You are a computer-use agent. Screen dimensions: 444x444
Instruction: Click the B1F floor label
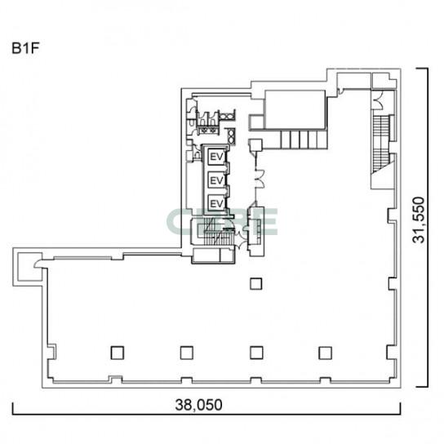click(x=25, y=48)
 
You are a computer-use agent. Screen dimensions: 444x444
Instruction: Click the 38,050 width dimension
click(x=198, y=405)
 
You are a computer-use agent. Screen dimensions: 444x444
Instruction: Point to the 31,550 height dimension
click(x=419, y=220)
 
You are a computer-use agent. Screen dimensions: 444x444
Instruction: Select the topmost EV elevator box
click(x=216, y=157)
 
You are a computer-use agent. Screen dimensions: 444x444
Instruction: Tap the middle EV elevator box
click(x=216, y=180)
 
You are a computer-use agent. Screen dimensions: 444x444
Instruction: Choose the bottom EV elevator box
click(x=216, y=203)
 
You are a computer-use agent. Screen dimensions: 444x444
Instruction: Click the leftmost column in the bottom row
click(x=118, y=353)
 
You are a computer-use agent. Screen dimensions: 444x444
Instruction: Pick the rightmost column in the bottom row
click(x=326, y=353)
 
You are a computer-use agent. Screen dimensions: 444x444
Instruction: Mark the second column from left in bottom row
click(x=187, y=353)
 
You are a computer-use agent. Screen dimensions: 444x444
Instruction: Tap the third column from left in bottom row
click(x=256, y=353)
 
